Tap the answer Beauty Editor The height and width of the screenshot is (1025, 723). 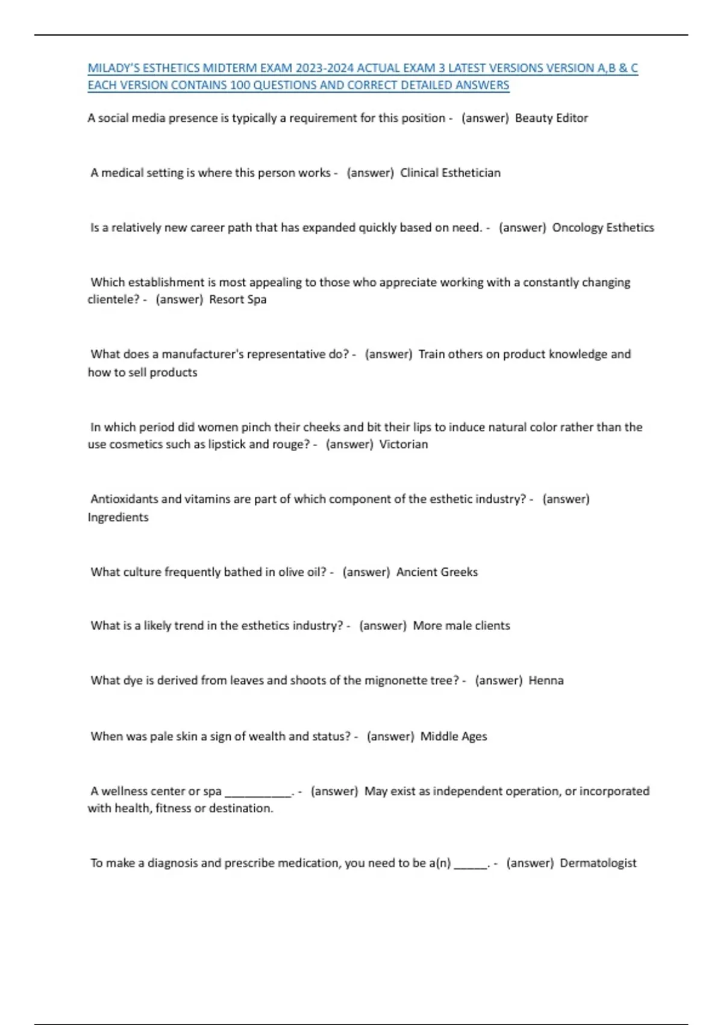click(551, 118)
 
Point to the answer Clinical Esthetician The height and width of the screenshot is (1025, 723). click(450, 173)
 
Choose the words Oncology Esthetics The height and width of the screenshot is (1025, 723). click(603, 228)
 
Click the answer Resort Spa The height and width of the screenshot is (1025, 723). click(237, 300)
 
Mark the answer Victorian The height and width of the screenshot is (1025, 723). click(403, 444)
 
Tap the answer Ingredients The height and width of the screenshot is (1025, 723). click(118, 517)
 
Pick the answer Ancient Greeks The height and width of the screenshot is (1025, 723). click(437, 572)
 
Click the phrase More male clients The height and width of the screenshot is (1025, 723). click(462, 626)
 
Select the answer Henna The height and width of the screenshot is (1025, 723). click(546, 681)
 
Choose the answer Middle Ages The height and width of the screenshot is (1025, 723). click(454, 736)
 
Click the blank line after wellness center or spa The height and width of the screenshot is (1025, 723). click(258, 793)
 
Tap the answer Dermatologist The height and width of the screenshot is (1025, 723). click(598, 863)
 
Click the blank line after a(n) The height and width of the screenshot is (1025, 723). click(471, 865)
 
